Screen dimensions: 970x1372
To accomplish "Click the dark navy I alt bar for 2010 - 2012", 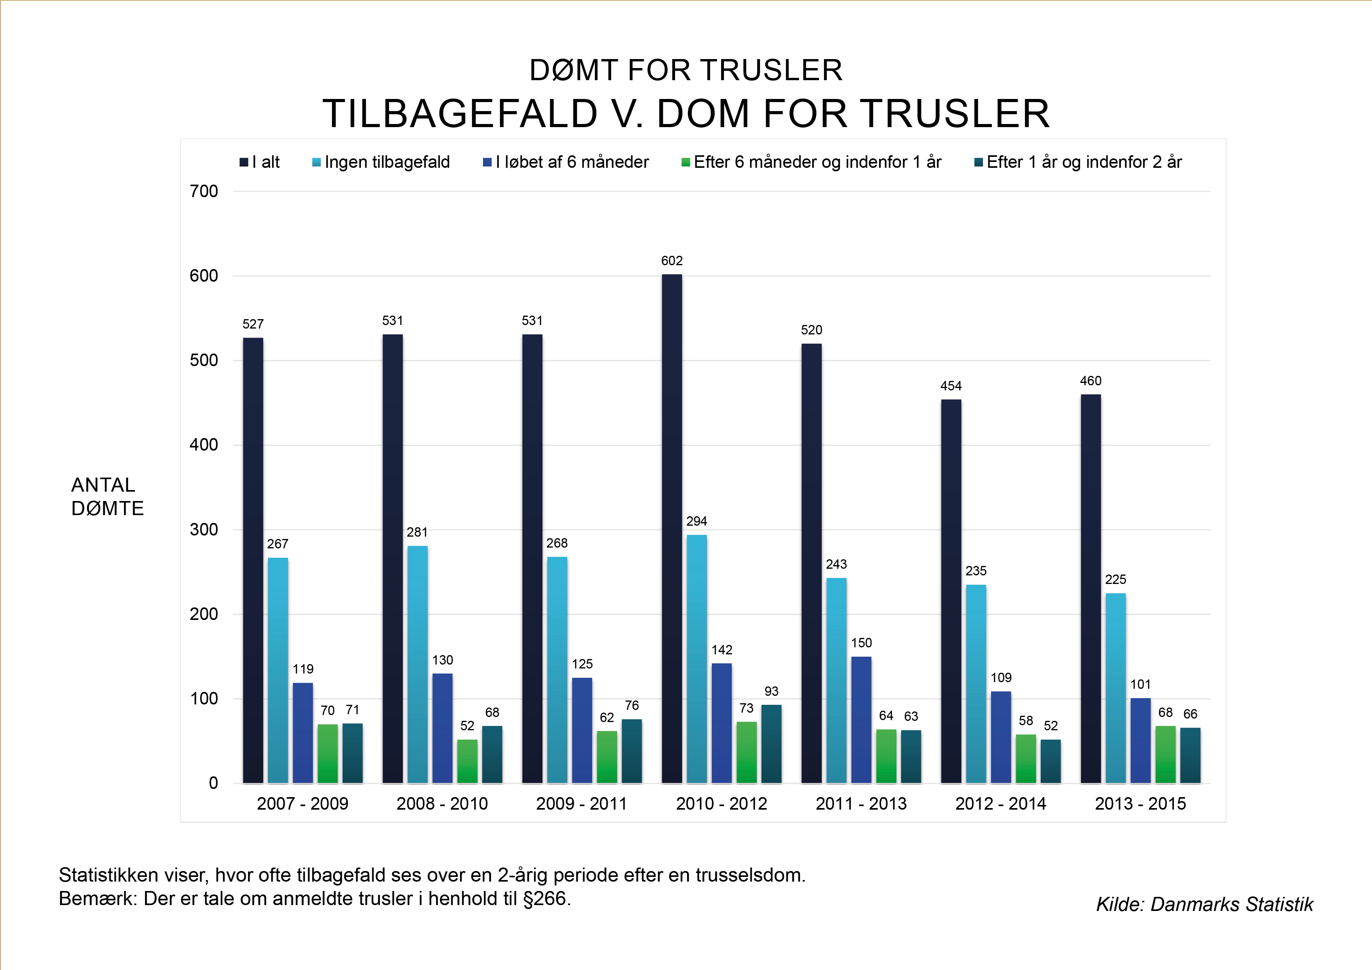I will pyautogui.click(x=672, y=528).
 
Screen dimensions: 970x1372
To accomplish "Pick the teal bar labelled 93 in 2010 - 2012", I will pyautogui.click(x=771, y=744).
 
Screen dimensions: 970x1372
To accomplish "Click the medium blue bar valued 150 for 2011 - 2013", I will pyautogui.click(x=861, y=720).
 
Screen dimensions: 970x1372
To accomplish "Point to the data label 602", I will pyautogui.click(x=672, y=260).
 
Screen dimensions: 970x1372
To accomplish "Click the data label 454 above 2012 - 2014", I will pyautogui.click(x=951, y=386).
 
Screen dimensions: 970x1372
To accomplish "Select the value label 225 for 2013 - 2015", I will pyautogui.click(x=1115, y=579).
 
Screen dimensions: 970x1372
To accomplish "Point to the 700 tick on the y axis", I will pyautogui.click(x=204, y=191).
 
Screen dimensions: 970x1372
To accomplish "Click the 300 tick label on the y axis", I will pyautogui.click(x=204, y=530).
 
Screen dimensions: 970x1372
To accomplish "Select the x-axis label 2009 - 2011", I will pyautogui.click(x=582, y=803).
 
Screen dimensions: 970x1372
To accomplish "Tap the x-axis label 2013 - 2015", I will pyautogui.click(x=1140, y=803).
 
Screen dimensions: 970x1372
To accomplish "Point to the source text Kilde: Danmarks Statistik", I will pyautogui.click(x=1204, y=904).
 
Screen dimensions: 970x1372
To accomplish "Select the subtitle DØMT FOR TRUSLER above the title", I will pyautogui.click(x=686, y=70).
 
